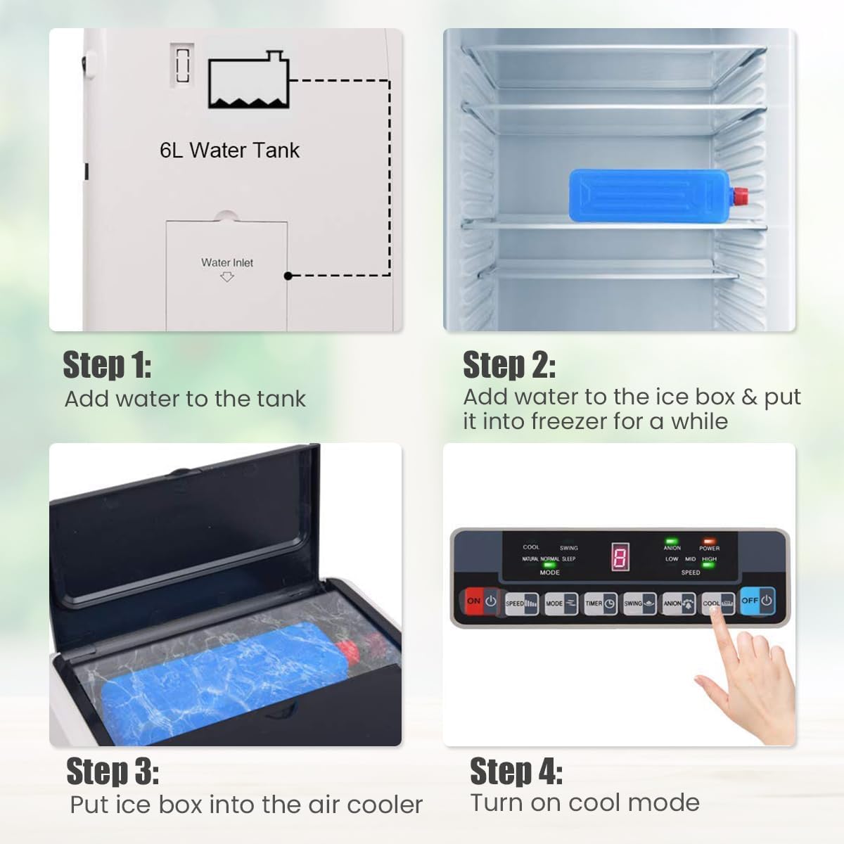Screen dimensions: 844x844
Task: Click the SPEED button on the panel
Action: (x=521, y=603)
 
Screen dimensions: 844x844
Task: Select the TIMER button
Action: (x=600, y=603)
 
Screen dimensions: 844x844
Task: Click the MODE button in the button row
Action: (x=561, y=603)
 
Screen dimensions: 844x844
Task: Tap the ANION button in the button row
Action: (x=679, y=603)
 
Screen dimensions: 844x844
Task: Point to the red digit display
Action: (x=620, y=558)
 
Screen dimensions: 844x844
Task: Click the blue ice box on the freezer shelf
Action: (x=647, y=195)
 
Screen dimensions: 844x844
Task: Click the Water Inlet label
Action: (x=226, y=262)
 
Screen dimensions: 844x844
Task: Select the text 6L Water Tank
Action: (x=229, y=150)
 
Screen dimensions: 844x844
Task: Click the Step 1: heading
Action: (x=107, y=365)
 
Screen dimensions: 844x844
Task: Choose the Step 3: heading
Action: (x=113, y=772)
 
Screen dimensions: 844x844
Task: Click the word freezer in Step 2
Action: (x=573, y=421)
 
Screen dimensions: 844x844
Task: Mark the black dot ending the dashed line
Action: (x=288, y=276)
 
